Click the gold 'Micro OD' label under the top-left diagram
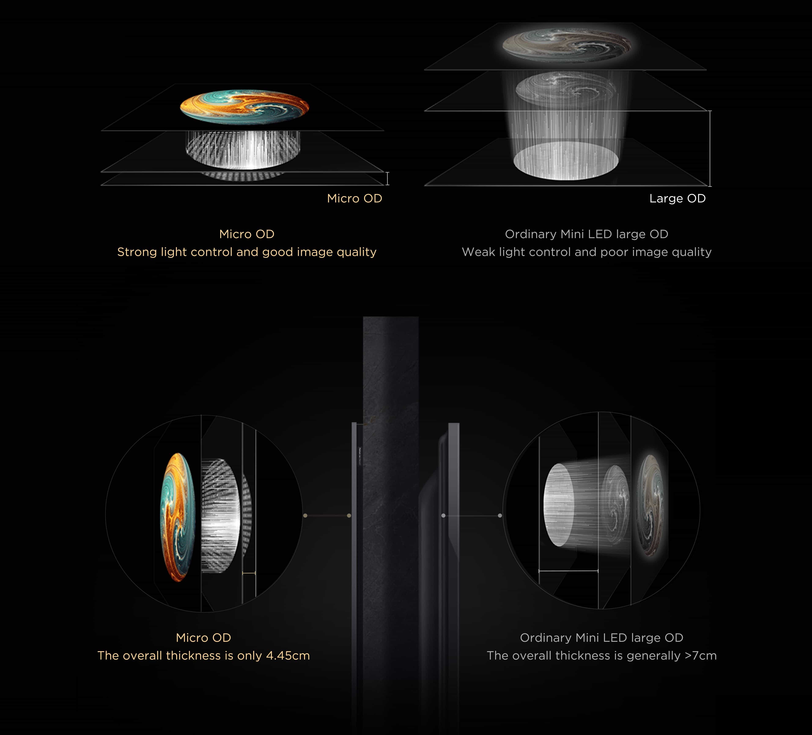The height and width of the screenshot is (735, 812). tap(354, 198)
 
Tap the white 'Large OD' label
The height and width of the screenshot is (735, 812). tap(678, 198)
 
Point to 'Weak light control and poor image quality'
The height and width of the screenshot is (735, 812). tap(586, 252)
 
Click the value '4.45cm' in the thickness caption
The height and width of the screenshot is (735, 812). tap(288, 656)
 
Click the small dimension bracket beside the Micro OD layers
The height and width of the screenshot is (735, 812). tap(387, 178)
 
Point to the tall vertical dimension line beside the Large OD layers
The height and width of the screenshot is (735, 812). tap(710, 149)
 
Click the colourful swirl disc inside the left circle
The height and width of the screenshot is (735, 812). tap(178, 517)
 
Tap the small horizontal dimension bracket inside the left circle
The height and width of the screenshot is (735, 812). tap(249, 573)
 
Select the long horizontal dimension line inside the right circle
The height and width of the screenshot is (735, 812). tap(568, 571)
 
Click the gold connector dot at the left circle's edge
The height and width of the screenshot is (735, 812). tap(305, 516)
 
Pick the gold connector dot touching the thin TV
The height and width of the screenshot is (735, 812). tap(349, 516)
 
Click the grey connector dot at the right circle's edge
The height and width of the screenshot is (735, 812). tap(500, 516)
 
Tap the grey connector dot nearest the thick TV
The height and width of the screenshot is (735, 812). tap(443, 516)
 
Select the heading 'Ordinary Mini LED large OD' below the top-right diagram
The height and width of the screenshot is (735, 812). tap(586, 234)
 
